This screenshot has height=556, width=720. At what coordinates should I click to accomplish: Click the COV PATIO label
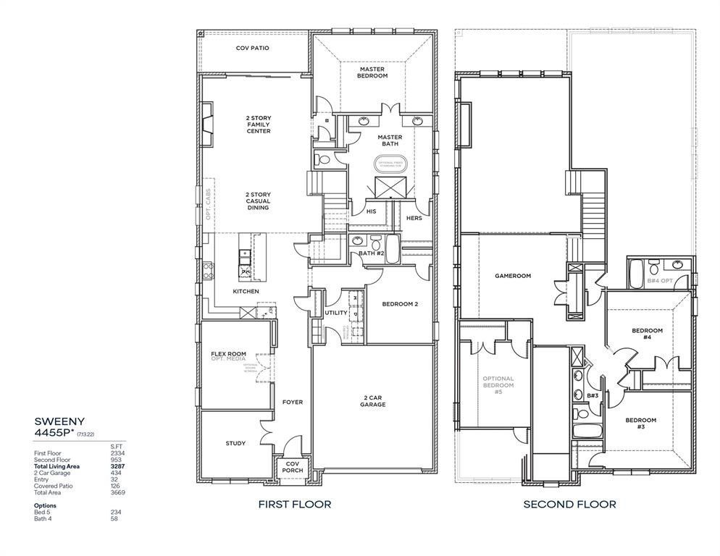[x=252, y=49]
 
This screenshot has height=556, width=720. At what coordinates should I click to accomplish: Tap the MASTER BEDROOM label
[x=372, y=72]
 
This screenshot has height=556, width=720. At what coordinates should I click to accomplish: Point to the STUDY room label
[x=235, y=443]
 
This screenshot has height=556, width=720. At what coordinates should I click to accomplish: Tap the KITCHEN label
[x=246, y=291]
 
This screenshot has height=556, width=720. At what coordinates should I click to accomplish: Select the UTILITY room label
[x=335, y=313]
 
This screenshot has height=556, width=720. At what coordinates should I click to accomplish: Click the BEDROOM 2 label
[x=400, y=304]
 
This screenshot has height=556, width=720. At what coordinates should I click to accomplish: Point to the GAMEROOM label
[x=513, y=276]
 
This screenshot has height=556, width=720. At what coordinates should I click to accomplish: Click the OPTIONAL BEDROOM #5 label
[x=498, y=385]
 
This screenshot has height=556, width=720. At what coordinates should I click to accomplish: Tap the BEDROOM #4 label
[x=647, y=334]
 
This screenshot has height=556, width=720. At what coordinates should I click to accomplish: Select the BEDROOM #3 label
[x=640, y=424]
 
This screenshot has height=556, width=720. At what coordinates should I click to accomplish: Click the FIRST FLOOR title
[x=295, y=505]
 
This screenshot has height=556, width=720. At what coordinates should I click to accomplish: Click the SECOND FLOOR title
[x=569, y=505]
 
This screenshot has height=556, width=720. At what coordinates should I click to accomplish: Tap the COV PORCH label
[x=293, y=467]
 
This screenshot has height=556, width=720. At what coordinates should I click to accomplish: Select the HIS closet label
[x=371, y=211]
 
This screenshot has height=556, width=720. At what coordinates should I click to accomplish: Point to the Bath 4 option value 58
[x=114, y=518]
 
